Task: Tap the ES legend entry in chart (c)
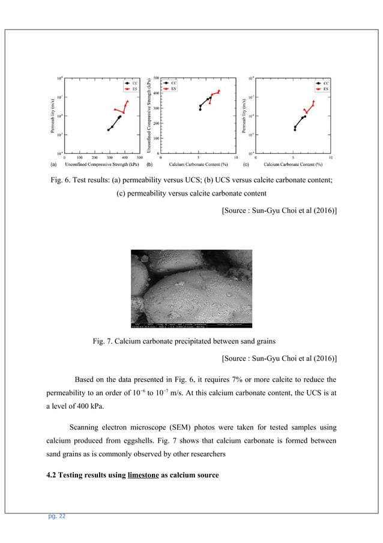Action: [323, 88]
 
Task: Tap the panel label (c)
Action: [246, 164]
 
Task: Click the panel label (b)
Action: [149, 164]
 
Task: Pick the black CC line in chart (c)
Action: [298, 121]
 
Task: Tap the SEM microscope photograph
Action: [191, 288]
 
